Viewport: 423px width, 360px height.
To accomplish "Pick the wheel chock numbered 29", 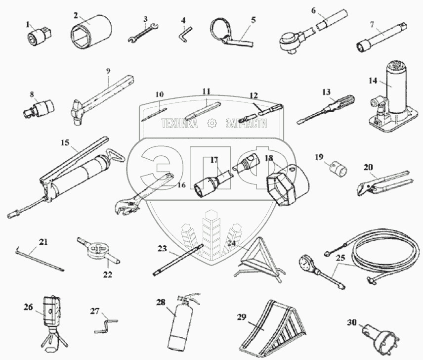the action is (272, 329).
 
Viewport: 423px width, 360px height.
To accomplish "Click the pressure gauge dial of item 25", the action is (307, 262).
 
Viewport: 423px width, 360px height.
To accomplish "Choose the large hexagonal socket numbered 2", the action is (91, 32).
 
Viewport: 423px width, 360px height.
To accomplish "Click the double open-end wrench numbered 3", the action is (143, 33).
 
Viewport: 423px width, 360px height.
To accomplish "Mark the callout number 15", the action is (65, 143).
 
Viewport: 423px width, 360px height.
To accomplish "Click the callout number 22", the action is (107, 275).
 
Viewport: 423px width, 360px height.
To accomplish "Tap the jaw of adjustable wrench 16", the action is (126, 206).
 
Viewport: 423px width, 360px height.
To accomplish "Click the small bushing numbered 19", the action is (339, 169).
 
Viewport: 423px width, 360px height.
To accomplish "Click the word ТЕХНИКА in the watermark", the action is (179, 124).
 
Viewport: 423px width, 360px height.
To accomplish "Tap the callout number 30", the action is (352, 322).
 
